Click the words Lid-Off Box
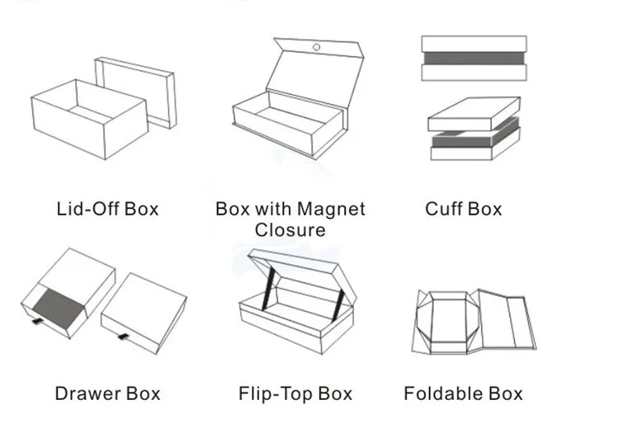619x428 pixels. click(107, 209)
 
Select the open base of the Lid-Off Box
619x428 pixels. click(87, 124)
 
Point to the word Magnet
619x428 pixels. click(330, 209)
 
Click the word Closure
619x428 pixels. click(290, 230)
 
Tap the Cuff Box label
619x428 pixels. click(463, 209)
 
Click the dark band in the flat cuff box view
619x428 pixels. click(474, 59)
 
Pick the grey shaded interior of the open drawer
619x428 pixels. click(62, 302)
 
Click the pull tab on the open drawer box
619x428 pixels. click(36, 317)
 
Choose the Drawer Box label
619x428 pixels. click(107, 393)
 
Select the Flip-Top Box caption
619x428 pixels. click(295, 393)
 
